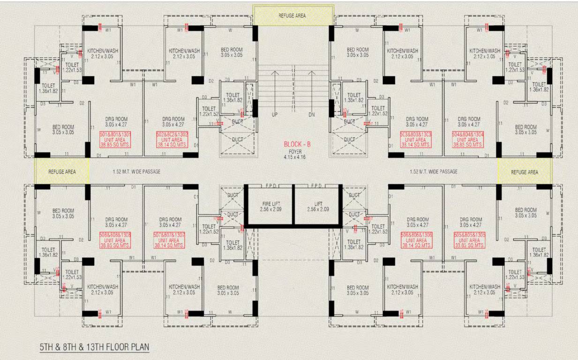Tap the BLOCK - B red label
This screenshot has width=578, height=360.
(x=297, y=144)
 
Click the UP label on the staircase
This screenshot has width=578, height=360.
(x=275, y=114)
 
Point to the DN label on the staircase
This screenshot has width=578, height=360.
(x=312, y=114)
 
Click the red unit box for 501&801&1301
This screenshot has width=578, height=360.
(x=115, y=140)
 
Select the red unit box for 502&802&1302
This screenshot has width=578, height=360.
(x=172, y=140)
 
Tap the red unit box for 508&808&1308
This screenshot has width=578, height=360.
(x=115, y=240)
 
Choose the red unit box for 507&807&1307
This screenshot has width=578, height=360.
(x=169, y=240)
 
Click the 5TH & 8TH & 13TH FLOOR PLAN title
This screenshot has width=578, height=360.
(x=94, y=347)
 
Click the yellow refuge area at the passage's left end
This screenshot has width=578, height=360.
(x=61, y=172)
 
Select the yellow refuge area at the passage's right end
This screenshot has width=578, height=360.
(x=525, y=172)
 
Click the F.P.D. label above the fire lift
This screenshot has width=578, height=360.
(x=270, y=186)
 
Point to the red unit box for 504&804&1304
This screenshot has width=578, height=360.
(x=467, y=140)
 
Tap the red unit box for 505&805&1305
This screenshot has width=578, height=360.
(x=470, y=240)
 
